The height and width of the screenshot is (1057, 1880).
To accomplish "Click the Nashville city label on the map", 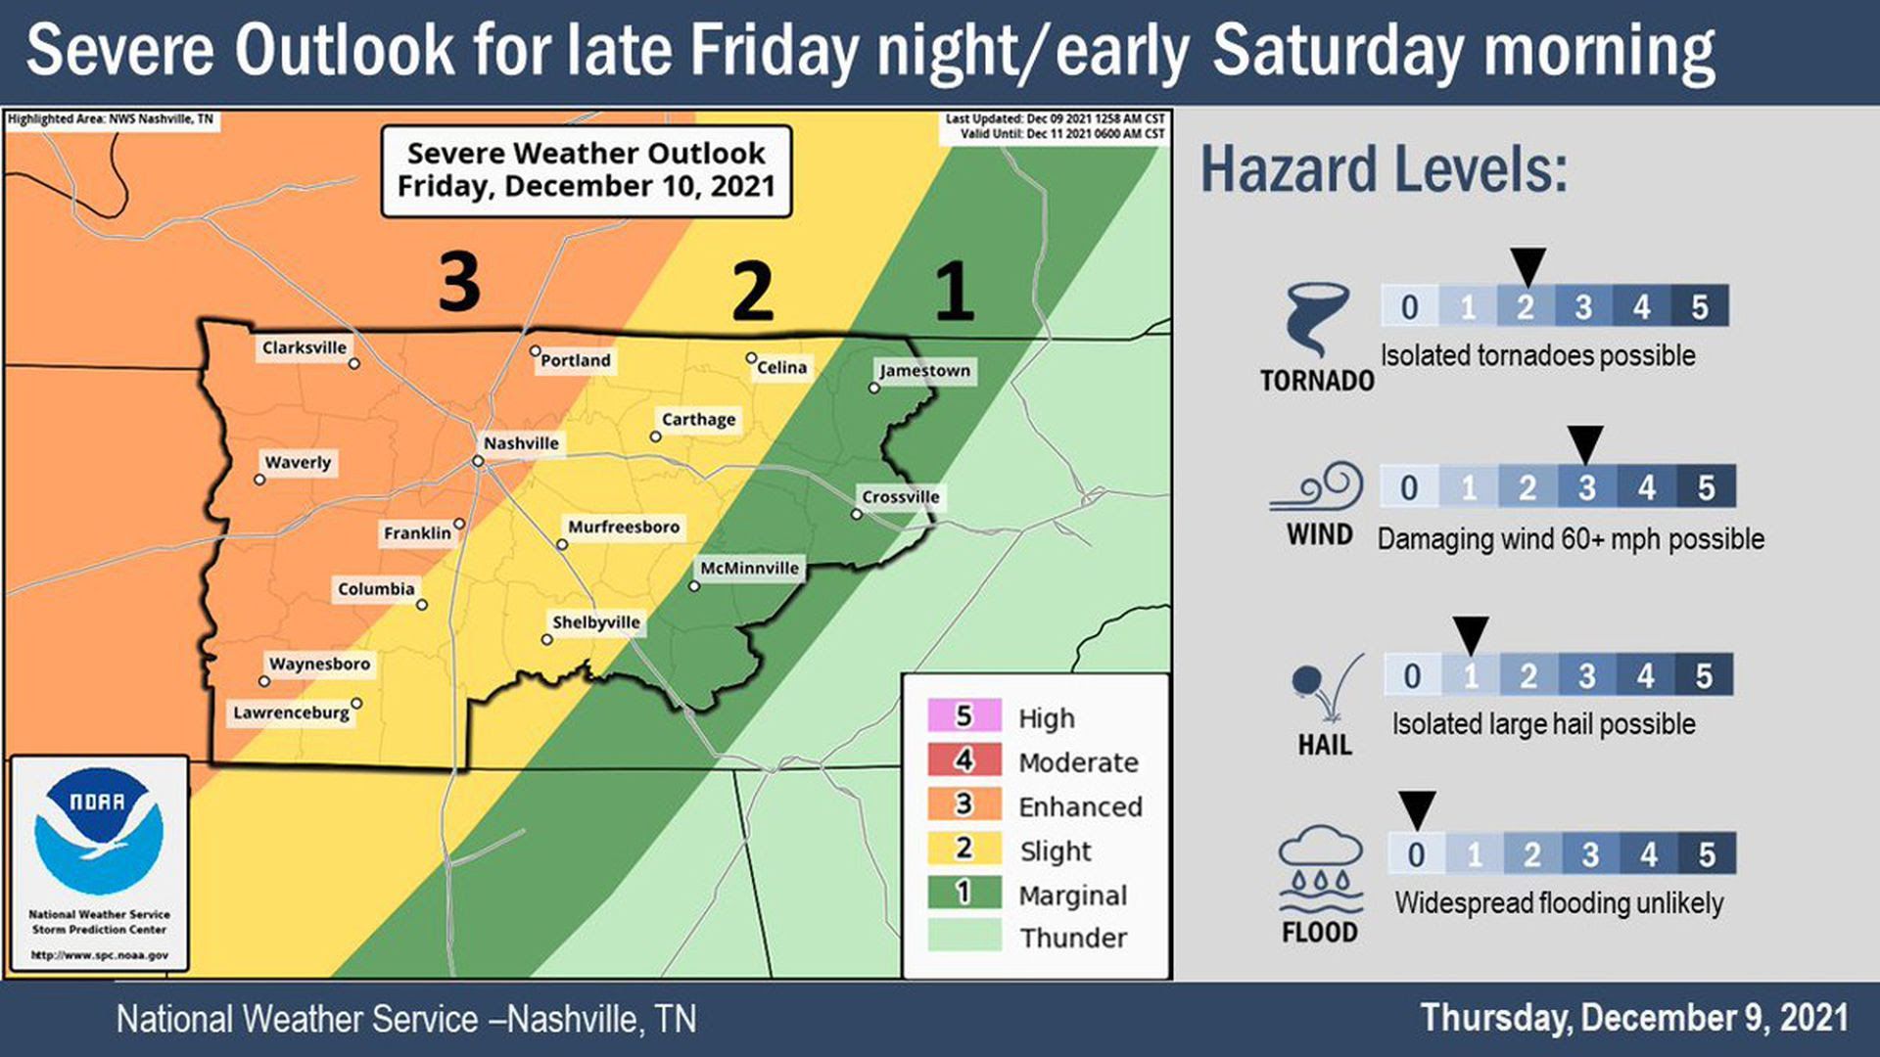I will tap(521, 443).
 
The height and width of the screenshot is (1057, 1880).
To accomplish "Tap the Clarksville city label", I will tap(304, 347).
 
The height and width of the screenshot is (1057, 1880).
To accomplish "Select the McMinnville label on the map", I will tap(749, 568).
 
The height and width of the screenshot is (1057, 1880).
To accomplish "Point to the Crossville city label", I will tap(900, 497).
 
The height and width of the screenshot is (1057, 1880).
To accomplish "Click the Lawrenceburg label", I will tap(291, 712).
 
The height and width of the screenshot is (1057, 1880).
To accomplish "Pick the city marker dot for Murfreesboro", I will tap(562, 544).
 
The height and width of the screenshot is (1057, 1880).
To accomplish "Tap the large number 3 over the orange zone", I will tap(459, 282).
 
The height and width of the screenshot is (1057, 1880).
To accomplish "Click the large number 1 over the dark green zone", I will tap(954, 291).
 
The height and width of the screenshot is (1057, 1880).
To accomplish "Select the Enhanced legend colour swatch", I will tap(964, 804).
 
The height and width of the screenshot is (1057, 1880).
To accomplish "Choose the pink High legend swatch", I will tap(964, 716).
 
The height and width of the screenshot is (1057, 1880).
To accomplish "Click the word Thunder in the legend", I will tap(1073, 938).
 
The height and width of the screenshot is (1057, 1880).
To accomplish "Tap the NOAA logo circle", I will tap(99, 830).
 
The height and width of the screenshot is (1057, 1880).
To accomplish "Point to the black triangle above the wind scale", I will tap(1585, 443).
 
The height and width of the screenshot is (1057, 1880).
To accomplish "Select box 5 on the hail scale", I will tap(1704, 675).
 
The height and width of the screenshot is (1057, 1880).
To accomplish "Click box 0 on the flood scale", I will tap(1416, 854).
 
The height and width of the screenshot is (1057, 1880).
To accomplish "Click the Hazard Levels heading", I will tap(1384, 169).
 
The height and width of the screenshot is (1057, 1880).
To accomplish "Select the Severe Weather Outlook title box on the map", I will tap(586, 170).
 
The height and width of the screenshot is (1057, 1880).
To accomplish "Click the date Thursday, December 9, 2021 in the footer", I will tap(1633, 1018).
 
